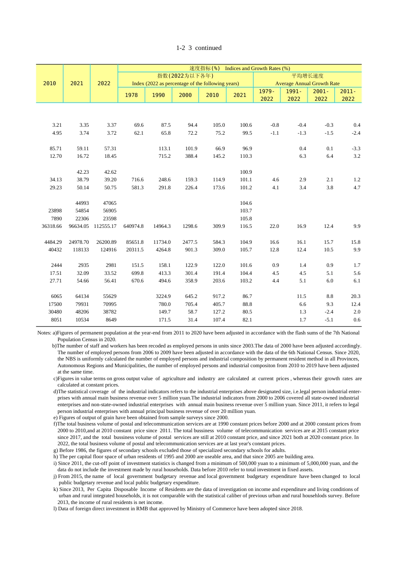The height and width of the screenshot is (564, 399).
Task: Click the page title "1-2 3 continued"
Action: [x=199, y=48]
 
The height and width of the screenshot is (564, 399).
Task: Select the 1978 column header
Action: [x=131, y=95]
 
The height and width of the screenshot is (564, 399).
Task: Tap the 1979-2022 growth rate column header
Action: [x=267, y=95]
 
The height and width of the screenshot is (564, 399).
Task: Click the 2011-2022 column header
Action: [x=348, y=95]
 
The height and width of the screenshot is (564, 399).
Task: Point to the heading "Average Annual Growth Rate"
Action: [x=307, y=84]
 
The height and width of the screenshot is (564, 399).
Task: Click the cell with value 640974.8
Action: [x=134, y=226]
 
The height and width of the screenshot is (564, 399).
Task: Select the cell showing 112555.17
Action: [x=105, y=226]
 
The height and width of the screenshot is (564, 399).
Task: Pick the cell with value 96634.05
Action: [x=79, y=226]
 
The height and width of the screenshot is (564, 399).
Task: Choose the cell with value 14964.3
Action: [x=162, y=226]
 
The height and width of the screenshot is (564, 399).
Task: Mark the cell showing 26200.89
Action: [x=106, y=242]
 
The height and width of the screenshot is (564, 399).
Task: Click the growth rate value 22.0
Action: [x=274, y=226]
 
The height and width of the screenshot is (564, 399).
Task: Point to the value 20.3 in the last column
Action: [x=356, y=296]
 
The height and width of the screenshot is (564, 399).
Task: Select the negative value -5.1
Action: [x=329, y=320]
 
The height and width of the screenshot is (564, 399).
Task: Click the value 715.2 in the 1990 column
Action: [x=165, y=156]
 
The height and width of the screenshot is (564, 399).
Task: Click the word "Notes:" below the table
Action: [x=44, y=333]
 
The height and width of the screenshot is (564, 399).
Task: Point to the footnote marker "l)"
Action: [x=55, y=509]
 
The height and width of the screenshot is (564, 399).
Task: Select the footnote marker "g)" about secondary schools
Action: [x=55, y=450]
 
